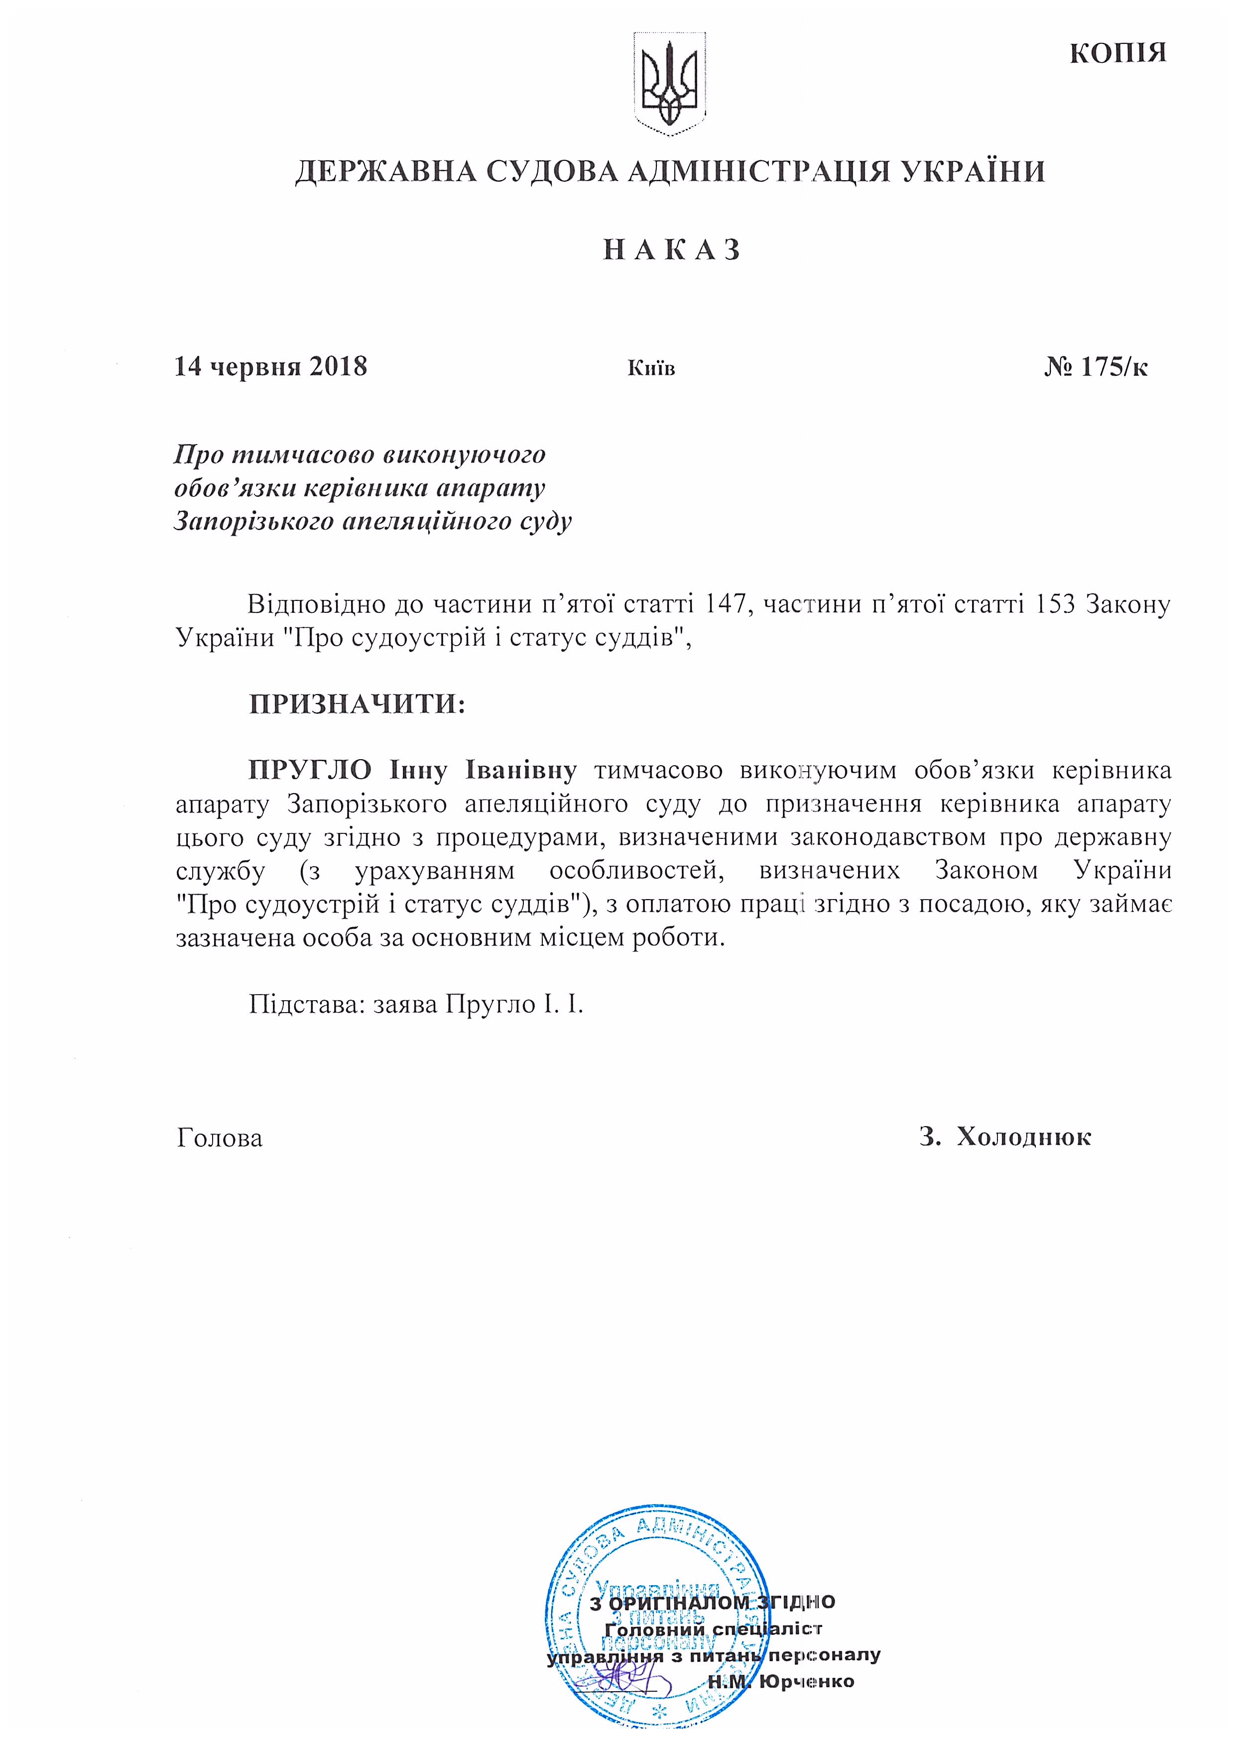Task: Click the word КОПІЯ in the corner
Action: click(x=1117, y=53)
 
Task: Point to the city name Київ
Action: click(x=651, y=369)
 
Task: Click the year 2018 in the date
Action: click(x=338, y=367)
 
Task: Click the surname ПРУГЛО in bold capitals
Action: click(x=310, y=770)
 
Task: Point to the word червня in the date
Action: click(x=257, y=367)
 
